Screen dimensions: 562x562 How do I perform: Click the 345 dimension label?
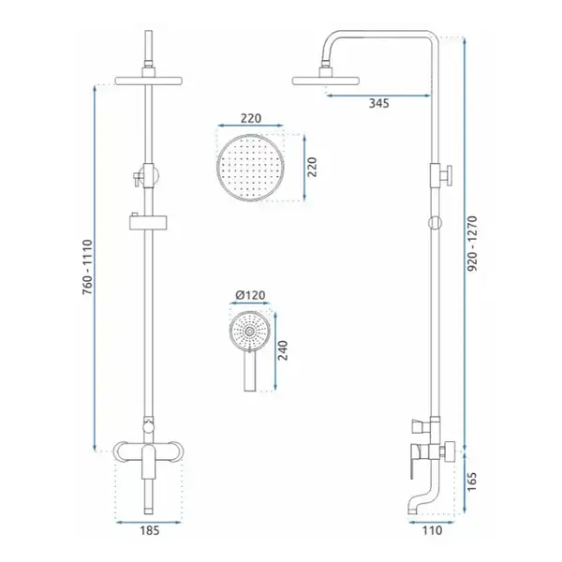[378, 103]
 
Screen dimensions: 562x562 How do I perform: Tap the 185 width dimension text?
[149, 530]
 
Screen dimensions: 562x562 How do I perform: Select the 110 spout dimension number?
[432, 530]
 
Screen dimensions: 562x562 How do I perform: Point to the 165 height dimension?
[472, 481]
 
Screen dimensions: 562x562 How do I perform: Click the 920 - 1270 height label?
[473, 244]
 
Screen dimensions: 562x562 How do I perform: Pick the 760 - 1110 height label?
[87, 267]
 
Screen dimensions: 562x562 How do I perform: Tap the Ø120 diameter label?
[250, 295]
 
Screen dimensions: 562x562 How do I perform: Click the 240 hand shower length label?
[283, 350]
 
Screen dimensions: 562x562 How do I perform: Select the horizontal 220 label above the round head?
[251, 118]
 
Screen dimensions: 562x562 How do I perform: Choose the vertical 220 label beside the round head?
[312, 167]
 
